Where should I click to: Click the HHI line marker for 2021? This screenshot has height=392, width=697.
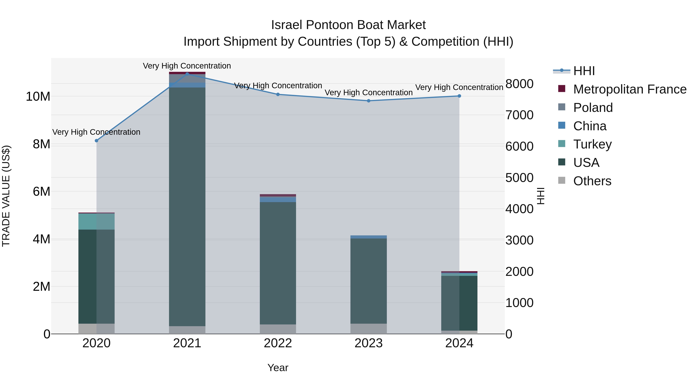(x=187, y=74)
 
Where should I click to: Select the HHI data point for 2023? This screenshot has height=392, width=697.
(x=368, y=101)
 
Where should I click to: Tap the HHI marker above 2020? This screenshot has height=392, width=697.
(x=96, y=141)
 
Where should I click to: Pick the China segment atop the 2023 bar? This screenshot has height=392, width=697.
(x=368, y=237)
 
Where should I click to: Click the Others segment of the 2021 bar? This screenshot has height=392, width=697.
(x=187, y=330)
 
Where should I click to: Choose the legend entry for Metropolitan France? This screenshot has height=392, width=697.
(x=629, y=89)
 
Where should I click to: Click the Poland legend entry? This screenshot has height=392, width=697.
(x=593, y=108)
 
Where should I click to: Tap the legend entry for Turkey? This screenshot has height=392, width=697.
(x=592, y=144)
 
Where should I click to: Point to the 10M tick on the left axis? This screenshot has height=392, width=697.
(x=38, y=97)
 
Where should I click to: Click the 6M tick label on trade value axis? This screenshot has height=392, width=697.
(x=41, y=191)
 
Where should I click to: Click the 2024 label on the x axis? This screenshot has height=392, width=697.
(x=459, y=343)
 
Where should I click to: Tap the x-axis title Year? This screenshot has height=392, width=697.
(x=278, y=368)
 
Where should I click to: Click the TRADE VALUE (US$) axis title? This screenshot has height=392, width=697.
(x=6, y=196)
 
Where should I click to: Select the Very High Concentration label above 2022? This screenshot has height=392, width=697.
(x=278, y=86)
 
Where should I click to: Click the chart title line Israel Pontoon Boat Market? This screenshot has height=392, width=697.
(x=348, y=25)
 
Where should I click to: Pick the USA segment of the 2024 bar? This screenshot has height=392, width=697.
(x=459, y=303)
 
